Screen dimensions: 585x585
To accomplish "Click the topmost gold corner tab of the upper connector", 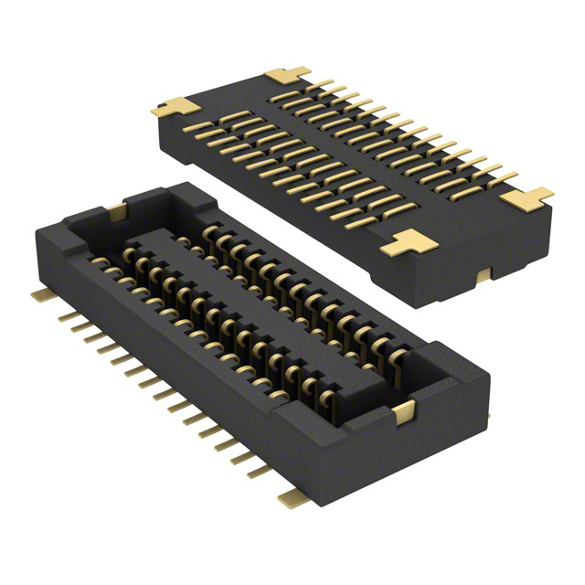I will pos(286,77).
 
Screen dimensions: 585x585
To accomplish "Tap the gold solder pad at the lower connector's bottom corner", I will pos(293,495).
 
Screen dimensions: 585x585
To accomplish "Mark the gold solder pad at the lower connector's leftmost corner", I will pos(39,294).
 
